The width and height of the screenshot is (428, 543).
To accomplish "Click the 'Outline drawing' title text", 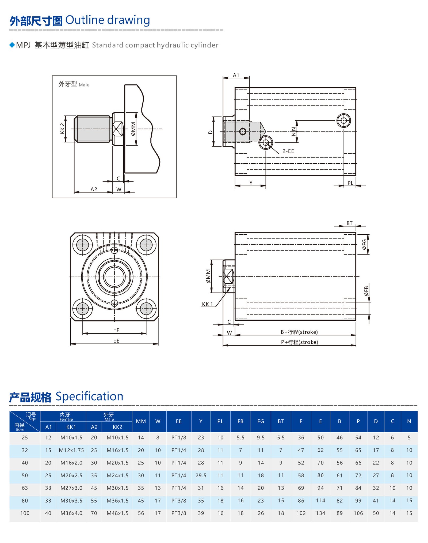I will pyautogui.click(x=108, y=20).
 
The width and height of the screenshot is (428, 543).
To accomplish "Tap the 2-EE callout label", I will pyautogui.click(x=288, y=151).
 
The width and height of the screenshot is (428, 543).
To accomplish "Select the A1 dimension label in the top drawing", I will pyautogui.click(x=236, y=75).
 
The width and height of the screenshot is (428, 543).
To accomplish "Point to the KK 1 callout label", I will pyautogui.click(x=207, y=304).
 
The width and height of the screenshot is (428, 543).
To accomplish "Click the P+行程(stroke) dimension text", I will pyautogui.click(x=299, y=342).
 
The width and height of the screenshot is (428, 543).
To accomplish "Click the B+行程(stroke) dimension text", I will pyautogui.click(x=299, y=332).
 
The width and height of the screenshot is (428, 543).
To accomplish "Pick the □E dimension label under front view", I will pyautogui.click(x=116, y=341).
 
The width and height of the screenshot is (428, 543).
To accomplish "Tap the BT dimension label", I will pyautogui.click(x=349, y=223).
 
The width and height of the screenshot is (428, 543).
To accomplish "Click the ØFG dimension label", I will pyautogui.click(x=364, y=244).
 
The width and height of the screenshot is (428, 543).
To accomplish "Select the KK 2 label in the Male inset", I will pyautogui.click(x=62, y=128).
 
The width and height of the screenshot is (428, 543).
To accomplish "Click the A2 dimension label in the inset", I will pyautogui.click(x=94, y=189).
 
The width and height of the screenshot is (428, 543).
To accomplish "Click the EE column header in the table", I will pyautogui.click(x=179, y=421).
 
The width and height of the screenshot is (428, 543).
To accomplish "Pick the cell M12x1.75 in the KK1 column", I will pyautogui.click(x=71, y=450).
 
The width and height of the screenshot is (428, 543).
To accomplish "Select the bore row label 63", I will pyautogui.click(x=25, y=488).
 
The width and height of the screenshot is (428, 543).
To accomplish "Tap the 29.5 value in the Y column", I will pyautogui.click(x=201, y=475).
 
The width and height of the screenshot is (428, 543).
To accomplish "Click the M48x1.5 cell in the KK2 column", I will pyautogui.click(x=117, y=513).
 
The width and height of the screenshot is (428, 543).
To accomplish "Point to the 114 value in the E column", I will pyautogui.click(x=320, y=500).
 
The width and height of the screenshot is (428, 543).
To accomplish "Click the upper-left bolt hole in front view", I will pyautogui.click(x=83, y=245).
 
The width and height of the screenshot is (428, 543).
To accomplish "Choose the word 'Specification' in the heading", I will pyautogui.click(x=89, y=396).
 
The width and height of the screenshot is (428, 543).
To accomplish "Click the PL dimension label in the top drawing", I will pyautogui.click(x=350, y=183).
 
